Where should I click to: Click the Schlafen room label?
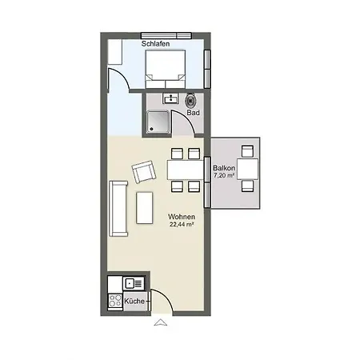point(155,44)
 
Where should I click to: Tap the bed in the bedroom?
point(166,69)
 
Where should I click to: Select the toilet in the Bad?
point(190,101)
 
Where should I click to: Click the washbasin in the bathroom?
point(171,98)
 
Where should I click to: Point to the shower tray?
point(158,122)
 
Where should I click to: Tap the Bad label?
point(193,113)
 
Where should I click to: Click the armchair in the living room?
point(144,172)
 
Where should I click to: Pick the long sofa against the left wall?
point(118,209)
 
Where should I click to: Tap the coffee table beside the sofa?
point(145,208)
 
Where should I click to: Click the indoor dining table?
point(186,170)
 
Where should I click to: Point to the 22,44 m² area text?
point(182,224)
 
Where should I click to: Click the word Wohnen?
point(182,217)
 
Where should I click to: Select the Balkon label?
point(224,168)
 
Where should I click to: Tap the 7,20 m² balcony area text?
point(224,175)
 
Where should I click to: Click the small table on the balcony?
point(248,169)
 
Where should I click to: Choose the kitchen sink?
point(134,283)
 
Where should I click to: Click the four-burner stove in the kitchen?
point(115,301)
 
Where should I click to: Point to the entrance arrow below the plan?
point(161,322)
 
